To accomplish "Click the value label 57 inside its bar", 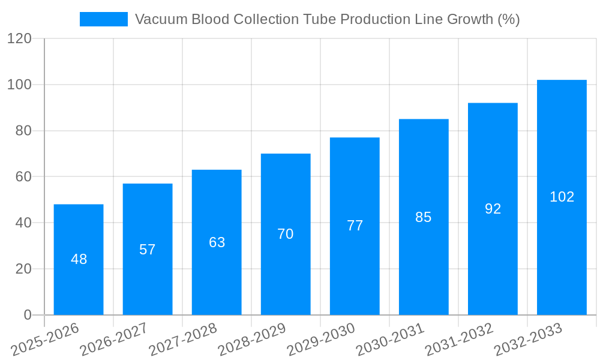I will pos(148,250).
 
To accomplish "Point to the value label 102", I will pos(562,197).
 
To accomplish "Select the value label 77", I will pos(355,226).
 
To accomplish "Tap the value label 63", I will pos(217,242).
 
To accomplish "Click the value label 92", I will pos(493,209).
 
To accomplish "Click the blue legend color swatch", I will pos(103,19).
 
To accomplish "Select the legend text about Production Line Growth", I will pos(327,19).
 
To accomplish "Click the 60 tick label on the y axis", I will pos(23,176).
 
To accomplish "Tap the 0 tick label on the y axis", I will pos(28,315).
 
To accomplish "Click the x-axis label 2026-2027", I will pos(114,340).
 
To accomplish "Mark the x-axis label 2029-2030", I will pos(322,340).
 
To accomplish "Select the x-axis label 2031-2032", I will pos(460,340).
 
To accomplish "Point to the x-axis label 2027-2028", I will pos(183,340).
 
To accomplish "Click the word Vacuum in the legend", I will pos(158,19).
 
